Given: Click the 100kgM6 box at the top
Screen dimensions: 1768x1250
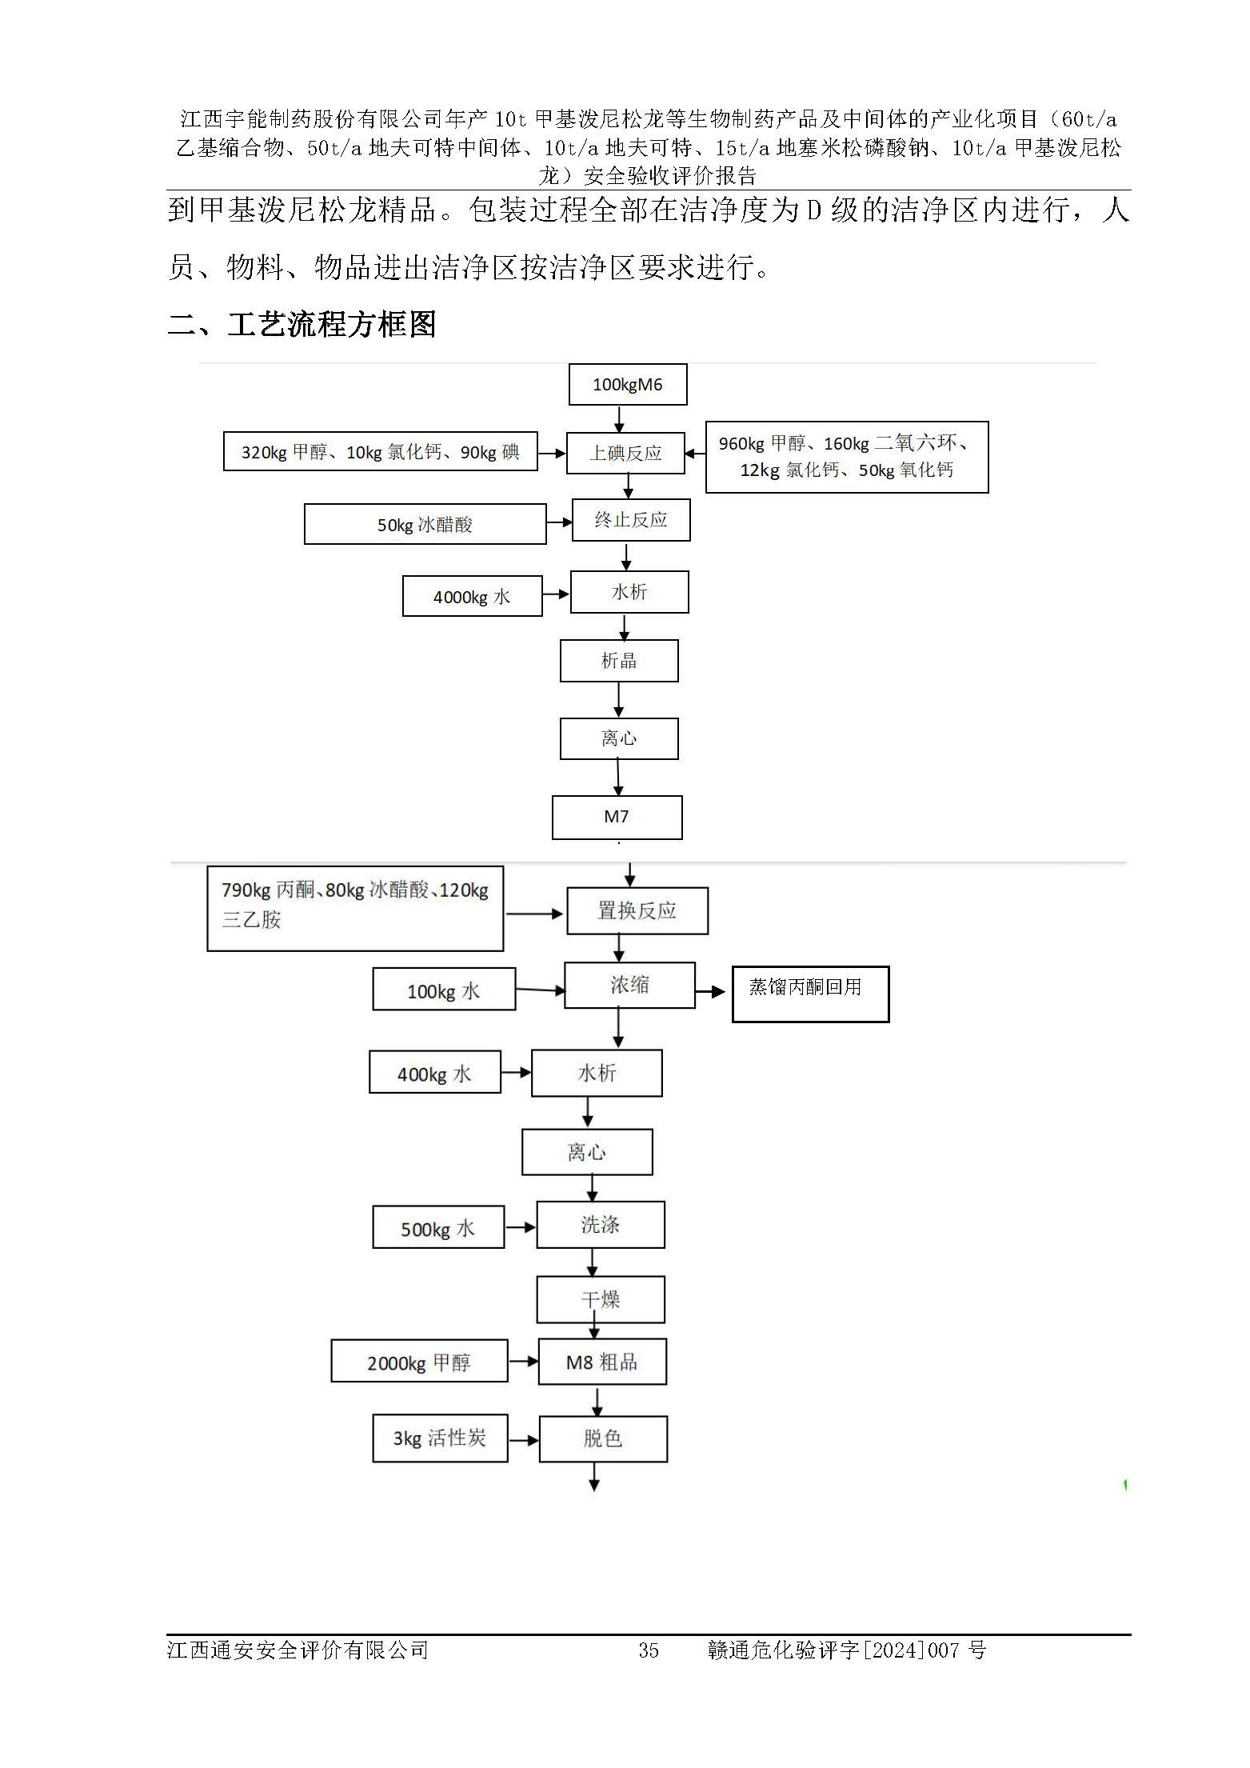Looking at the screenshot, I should (x=627, y=385).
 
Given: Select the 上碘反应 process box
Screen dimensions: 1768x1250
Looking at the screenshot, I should (x=625, y=453).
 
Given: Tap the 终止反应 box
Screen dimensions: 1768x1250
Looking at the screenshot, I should (x=630, y=520).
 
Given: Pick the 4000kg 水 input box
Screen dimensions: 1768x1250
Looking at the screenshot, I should (x=472, y=597).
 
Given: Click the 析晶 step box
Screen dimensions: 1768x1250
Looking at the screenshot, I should (x=618, y=661).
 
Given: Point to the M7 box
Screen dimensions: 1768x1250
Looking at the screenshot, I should (x=617, y=817).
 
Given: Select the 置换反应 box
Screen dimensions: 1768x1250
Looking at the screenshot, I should (x=637, y=910).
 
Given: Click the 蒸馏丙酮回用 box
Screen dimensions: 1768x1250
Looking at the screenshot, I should (x=809, y=994).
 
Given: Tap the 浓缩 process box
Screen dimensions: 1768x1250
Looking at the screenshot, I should (x=629, y=985).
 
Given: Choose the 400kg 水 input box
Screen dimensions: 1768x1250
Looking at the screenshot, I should (x=434, y=1073).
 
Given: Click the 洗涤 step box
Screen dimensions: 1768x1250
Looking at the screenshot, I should (x=600, y=1224).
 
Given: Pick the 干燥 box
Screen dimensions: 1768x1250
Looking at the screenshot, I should (x=600, y=1299).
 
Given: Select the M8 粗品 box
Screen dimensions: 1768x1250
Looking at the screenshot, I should (x=601, y=1362).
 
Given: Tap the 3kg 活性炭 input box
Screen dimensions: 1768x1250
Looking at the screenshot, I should (x=439, y=1438).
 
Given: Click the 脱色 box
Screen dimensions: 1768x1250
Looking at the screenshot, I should (x=602, y=1438).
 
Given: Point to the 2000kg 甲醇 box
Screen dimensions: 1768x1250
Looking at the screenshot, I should (x=419, y=1362).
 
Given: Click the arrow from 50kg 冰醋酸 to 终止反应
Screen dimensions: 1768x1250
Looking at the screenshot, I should (x=559, y=522).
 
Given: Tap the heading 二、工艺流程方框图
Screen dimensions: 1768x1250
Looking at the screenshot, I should (x=302, y=325).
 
